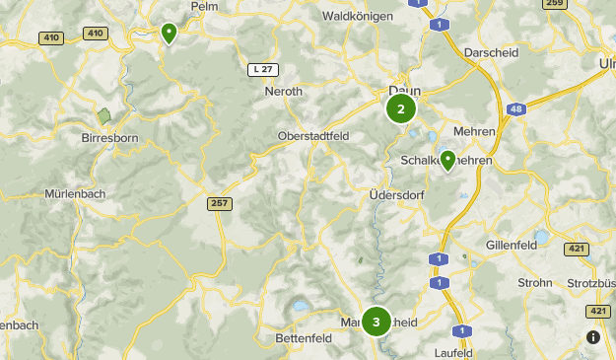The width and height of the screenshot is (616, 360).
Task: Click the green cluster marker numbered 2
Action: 401,108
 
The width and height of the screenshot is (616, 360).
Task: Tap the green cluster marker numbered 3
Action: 376,323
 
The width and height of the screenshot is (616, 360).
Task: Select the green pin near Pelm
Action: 169,34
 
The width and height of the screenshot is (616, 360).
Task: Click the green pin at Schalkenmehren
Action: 448,160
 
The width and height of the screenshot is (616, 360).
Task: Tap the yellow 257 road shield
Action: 220,203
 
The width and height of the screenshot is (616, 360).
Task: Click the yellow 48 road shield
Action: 515,108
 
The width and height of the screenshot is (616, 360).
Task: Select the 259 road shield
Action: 555,4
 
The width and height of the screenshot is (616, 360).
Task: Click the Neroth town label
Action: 284,92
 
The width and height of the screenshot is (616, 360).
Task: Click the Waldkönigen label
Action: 357,16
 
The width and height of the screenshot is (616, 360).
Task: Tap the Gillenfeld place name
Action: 513,245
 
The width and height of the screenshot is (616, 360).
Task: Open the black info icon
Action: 593,337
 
